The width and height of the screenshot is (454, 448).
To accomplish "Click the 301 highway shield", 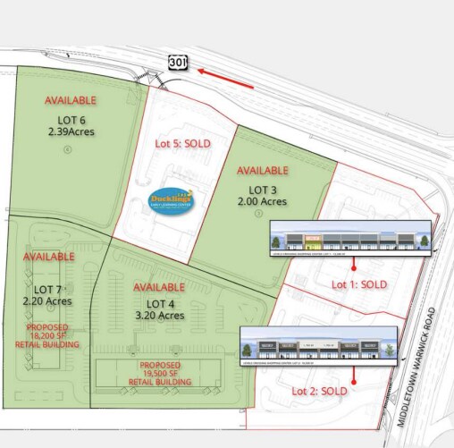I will [x=176, y=61].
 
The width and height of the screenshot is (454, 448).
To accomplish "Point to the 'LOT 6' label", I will [x=71, y=119].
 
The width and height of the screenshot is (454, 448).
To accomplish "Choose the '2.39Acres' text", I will [x=71, y=131].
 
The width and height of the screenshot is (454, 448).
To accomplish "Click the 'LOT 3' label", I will [x=263, y=190].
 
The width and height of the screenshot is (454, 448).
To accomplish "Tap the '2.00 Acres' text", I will [x=263, y=202].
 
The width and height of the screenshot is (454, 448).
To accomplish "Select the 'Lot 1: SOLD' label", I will [x=359, y=283].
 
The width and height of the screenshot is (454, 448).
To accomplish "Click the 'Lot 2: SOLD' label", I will [x=319, y=391].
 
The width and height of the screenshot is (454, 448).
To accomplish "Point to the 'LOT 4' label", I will [x=159, y=303].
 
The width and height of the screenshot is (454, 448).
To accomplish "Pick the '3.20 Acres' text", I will [x=159, y=316].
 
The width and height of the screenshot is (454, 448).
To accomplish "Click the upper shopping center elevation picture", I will [x=350, y=240].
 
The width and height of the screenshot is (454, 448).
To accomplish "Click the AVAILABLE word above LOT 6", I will [x=71, y=100].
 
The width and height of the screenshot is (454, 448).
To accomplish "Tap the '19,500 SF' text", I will [x=161, y=375].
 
